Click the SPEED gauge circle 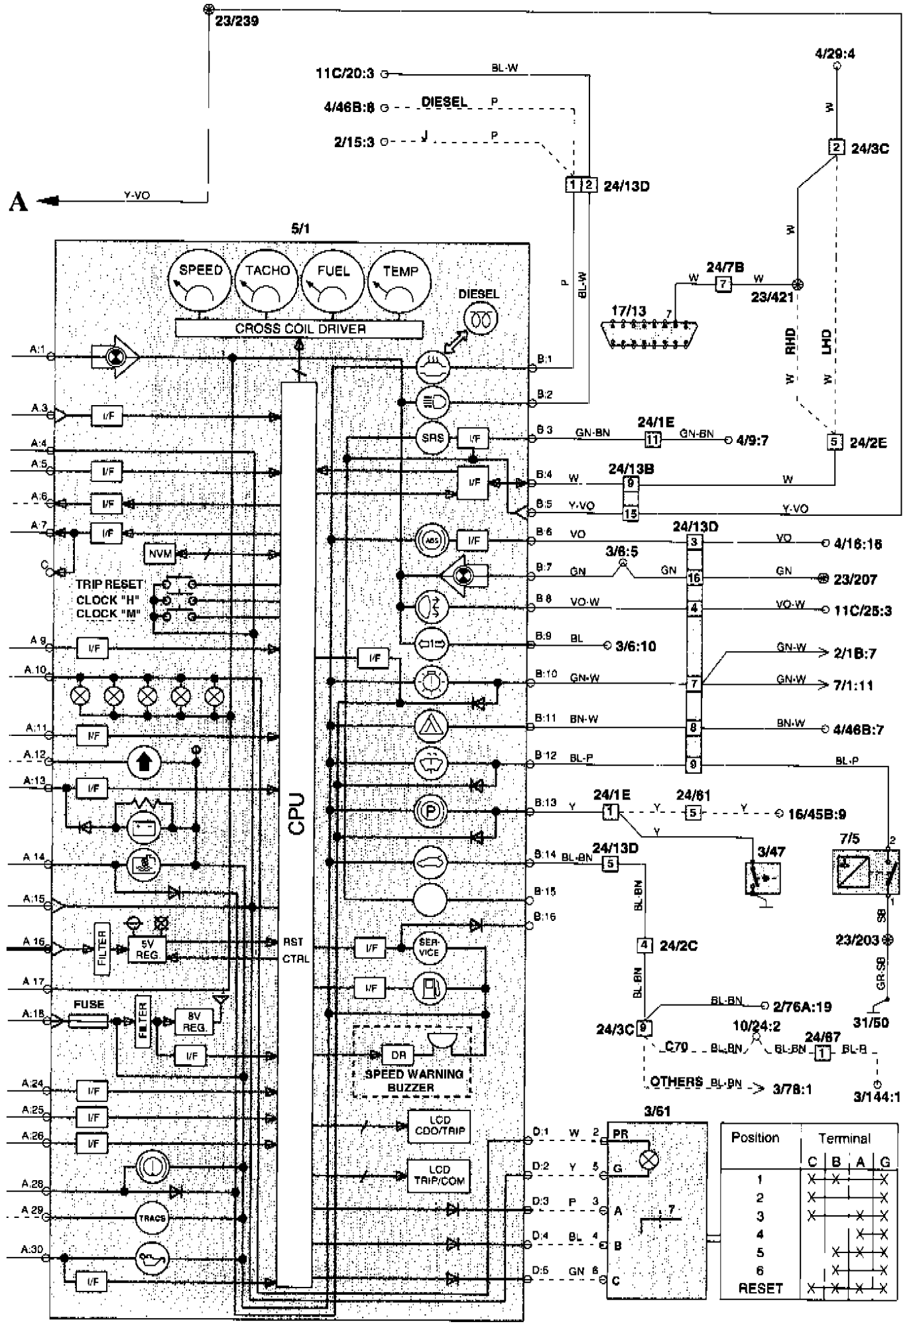pos(201,284)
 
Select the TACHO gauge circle pos(267,284)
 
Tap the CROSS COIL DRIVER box pos(299,329)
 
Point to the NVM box pos(159,554)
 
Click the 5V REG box pos(147,950)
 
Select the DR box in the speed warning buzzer pos(398,1055)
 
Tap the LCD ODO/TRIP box pos(439,1126)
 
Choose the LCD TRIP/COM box pos(439,1175)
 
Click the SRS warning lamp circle pos(432,438)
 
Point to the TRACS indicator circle pos(153,1218)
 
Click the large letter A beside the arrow pos(19,201)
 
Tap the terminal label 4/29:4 pos(835,54)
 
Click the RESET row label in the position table pos(761,1288)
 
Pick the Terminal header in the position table pos(844,1138)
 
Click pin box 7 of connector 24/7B pos(723,284)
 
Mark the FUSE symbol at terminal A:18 pos(89,1021)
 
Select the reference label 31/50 pos(871,1022)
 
